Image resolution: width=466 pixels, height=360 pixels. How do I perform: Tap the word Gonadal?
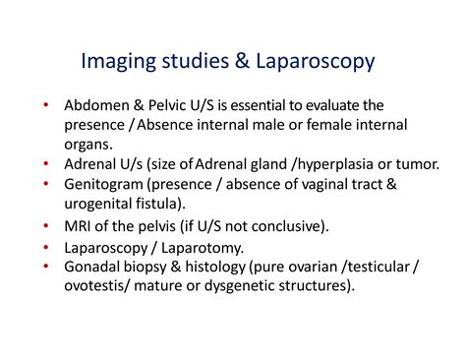pos(91,268)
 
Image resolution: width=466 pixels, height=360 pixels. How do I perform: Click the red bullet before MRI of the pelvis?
pos(44,226)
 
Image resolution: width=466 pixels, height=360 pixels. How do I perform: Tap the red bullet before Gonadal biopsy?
pos(44,268)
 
